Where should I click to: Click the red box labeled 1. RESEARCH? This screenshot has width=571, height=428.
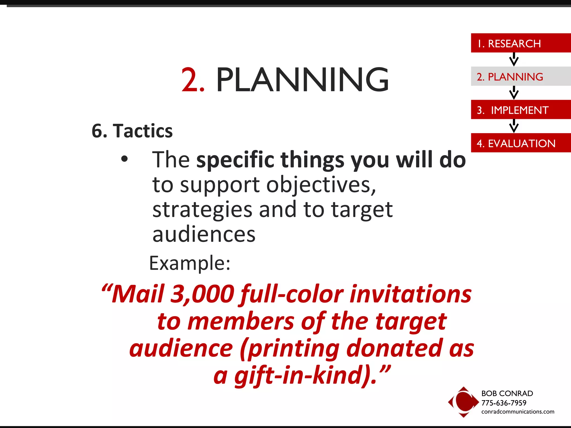(x=520, y=43)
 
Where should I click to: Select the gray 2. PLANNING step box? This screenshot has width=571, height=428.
(x=520, y=76)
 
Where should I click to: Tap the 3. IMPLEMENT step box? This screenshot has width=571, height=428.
(x=520, y=110)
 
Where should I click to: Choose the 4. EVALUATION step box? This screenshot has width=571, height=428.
(x=520, y=143)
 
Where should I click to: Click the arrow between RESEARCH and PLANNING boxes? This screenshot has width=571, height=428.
(x=514, y=59)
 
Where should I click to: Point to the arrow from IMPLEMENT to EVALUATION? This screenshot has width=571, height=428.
(x=514, y=126)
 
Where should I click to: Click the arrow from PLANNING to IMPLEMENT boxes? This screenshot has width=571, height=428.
(x=514, y=93)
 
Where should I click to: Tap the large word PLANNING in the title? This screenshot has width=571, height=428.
(x=302, y=80)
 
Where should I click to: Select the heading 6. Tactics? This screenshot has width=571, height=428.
(x=132, y=131)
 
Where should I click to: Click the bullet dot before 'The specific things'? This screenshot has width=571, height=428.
(x=124, y=159)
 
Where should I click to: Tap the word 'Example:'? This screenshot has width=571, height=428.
(x=190, y=263)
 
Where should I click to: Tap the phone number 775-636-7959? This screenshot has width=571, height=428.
(x=504, y=403)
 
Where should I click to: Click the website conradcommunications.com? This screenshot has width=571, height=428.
(x=518, y=412)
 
